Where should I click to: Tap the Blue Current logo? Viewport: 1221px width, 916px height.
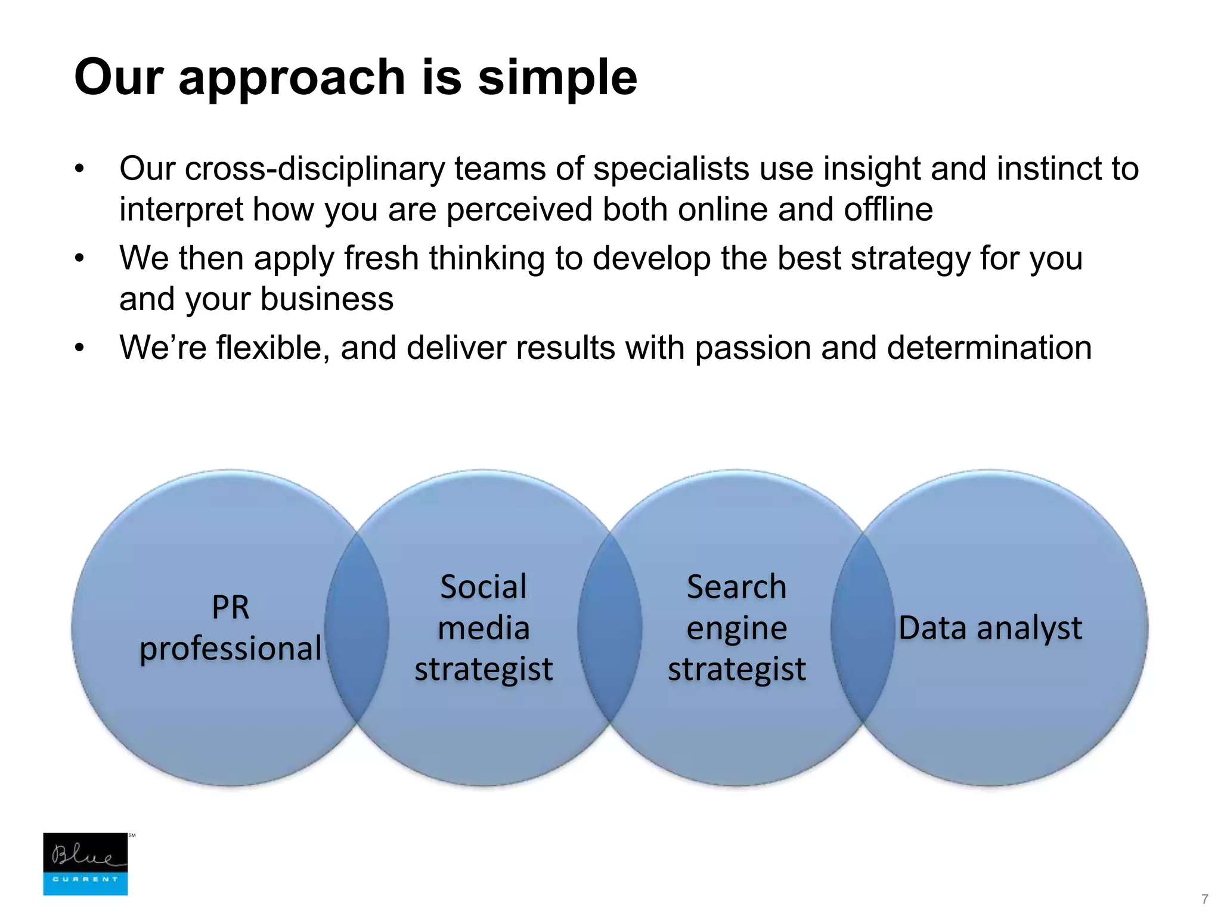click(x=85, y=864)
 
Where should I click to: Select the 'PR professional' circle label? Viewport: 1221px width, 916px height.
click(x=231, y=628)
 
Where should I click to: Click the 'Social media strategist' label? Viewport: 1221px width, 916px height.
click(x=484, y=628)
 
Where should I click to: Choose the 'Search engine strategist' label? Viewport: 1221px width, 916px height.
click(x=736, y=628)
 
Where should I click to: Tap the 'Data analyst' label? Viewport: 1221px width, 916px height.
click(x=990, y=628)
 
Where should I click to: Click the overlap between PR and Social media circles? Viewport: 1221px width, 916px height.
click(x=357, y=628)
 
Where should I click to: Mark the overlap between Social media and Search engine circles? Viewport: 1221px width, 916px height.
click(x=610, y=628)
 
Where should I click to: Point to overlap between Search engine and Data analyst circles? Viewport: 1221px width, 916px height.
click(x=863, y=628)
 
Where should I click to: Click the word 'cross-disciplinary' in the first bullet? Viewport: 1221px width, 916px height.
click(x=314, y=169)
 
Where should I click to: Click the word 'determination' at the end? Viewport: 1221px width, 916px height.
click(x=989, y=348)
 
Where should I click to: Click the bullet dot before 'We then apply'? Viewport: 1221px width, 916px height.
click(x=80, y=259)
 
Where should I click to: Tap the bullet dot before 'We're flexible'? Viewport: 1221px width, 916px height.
click(x=80, y=348)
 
